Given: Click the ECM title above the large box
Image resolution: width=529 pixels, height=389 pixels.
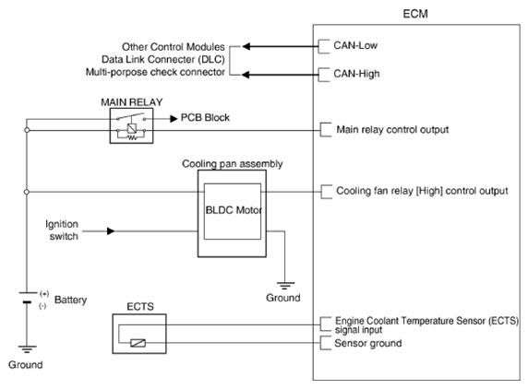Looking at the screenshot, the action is click(415, 14).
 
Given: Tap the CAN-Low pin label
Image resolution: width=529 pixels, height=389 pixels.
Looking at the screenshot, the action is click(355, 45).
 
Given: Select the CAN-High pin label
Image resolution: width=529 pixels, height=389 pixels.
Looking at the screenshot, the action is click(356, 74).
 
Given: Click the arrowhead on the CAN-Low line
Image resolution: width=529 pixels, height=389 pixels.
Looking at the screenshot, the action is click(246, 46).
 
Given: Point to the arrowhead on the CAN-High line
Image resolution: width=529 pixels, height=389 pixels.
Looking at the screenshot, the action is click(246, 75).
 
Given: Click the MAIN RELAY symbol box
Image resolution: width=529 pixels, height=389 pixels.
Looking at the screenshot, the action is click(131, 125).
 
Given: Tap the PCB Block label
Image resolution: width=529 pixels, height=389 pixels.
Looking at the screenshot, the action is click(205, 118).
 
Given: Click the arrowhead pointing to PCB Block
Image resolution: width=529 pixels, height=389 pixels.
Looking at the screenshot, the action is click(174, 119).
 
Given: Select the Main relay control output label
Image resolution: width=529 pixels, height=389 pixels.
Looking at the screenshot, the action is click(392, 130).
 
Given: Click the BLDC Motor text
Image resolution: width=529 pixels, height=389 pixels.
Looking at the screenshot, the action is click(234, 210).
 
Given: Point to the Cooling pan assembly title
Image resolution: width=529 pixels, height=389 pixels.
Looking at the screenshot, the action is click(232, 164).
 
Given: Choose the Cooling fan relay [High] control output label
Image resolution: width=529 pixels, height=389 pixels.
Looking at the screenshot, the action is click(422, 191).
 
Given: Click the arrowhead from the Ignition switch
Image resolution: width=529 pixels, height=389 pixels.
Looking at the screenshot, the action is click(111, 231).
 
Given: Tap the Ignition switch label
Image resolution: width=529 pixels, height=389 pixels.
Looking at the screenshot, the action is click(62, 230).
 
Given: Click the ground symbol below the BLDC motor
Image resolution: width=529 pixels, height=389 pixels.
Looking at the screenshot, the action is click(285, 286).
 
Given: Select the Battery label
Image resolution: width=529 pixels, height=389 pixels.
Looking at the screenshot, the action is click(70, 300).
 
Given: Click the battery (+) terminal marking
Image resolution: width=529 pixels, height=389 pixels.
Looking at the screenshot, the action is click(44, 294).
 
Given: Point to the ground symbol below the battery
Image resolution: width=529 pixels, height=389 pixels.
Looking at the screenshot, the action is click(27, 349).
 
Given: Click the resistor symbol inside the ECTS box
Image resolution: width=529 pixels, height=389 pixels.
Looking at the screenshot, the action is click(138, 343).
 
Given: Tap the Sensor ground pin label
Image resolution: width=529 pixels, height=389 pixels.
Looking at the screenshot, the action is click(368, 343).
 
